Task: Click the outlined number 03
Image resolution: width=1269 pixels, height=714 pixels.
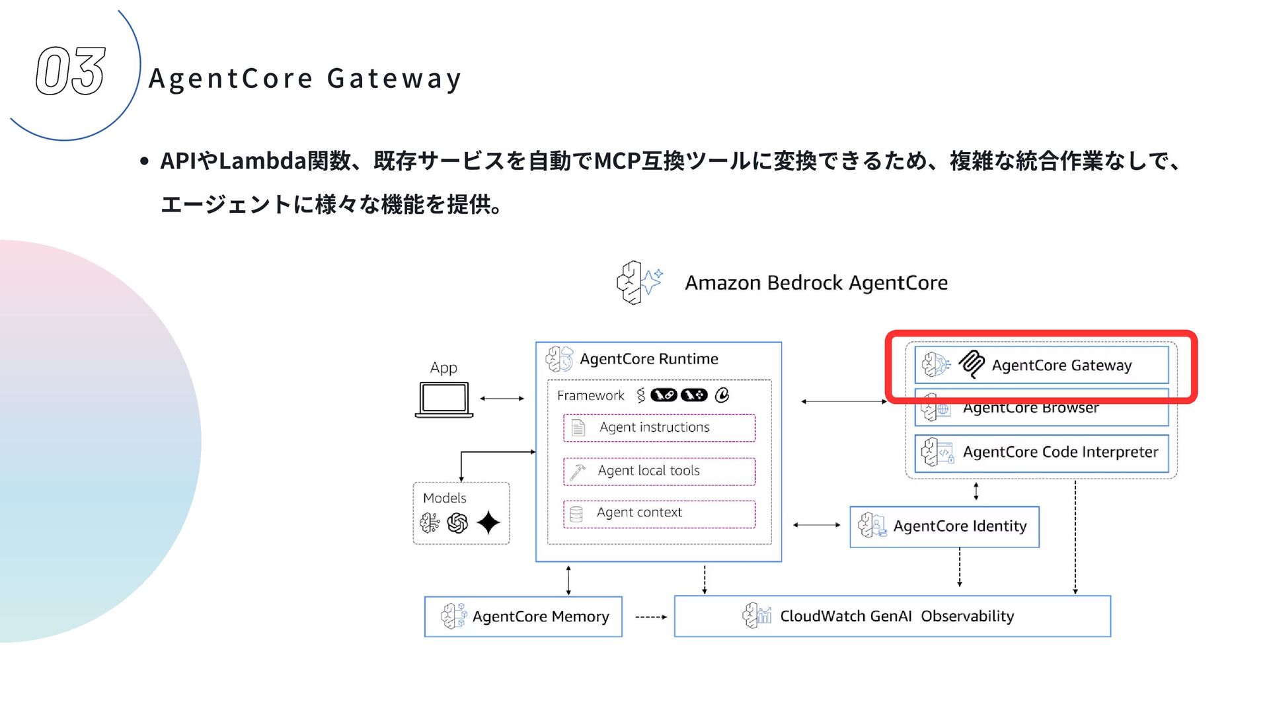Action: pos(70,71)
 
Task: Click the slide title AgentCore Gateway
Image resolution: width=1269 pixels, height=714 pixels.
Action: pos(305,79)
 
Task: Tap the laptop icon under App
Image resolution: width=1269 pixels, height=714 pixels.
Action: pos(444,399)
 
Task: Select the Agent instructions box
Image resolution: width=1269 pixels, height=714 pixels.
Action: pos(659,428)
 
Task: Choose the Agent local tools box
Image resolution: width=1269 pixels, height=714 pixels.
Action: pos(659,471)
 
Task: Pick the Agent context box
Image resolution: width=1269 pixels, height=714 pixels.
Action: pos(659,513)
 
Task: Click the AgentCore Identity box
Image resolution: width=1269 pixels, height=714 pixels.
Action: pos(944,526)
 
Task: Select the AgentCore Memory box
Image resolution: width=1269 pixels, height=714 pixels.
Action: pos(523,616)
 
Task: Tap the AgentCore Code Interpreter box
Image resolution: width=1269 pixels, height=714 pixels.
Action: pos(1041,452)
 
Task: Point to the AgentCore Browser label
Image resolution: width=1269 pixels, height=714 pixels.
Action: pos(1030,409)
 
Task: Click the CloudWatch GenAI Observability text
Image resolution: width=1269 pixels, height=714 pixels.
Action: pos(896,616)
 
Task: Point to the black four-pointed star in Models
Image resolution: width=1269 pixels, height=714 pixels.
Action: pos(488,523)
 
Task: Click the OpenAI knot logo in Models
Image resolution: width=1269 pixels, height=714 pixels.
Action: pos(457,523)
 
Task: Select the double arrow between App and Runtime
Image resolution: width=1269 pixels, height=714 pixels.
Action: pos(502,399)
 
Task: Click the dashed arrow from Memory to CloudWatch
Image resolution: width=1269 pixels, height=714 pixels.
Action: pos(650,617)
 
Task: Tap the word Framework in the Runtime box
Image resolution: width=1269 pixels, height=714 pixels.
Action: pos(590,395)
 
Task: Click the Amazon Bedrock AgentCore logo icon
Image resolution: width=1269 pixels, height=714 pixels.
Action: pos(638,282)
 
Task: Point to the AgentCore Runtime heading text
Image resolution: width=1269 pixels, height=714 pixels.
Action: pos(648,359)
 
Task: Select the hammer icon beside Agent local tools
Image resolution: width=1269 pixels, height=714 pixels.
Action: pos(577,472)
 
